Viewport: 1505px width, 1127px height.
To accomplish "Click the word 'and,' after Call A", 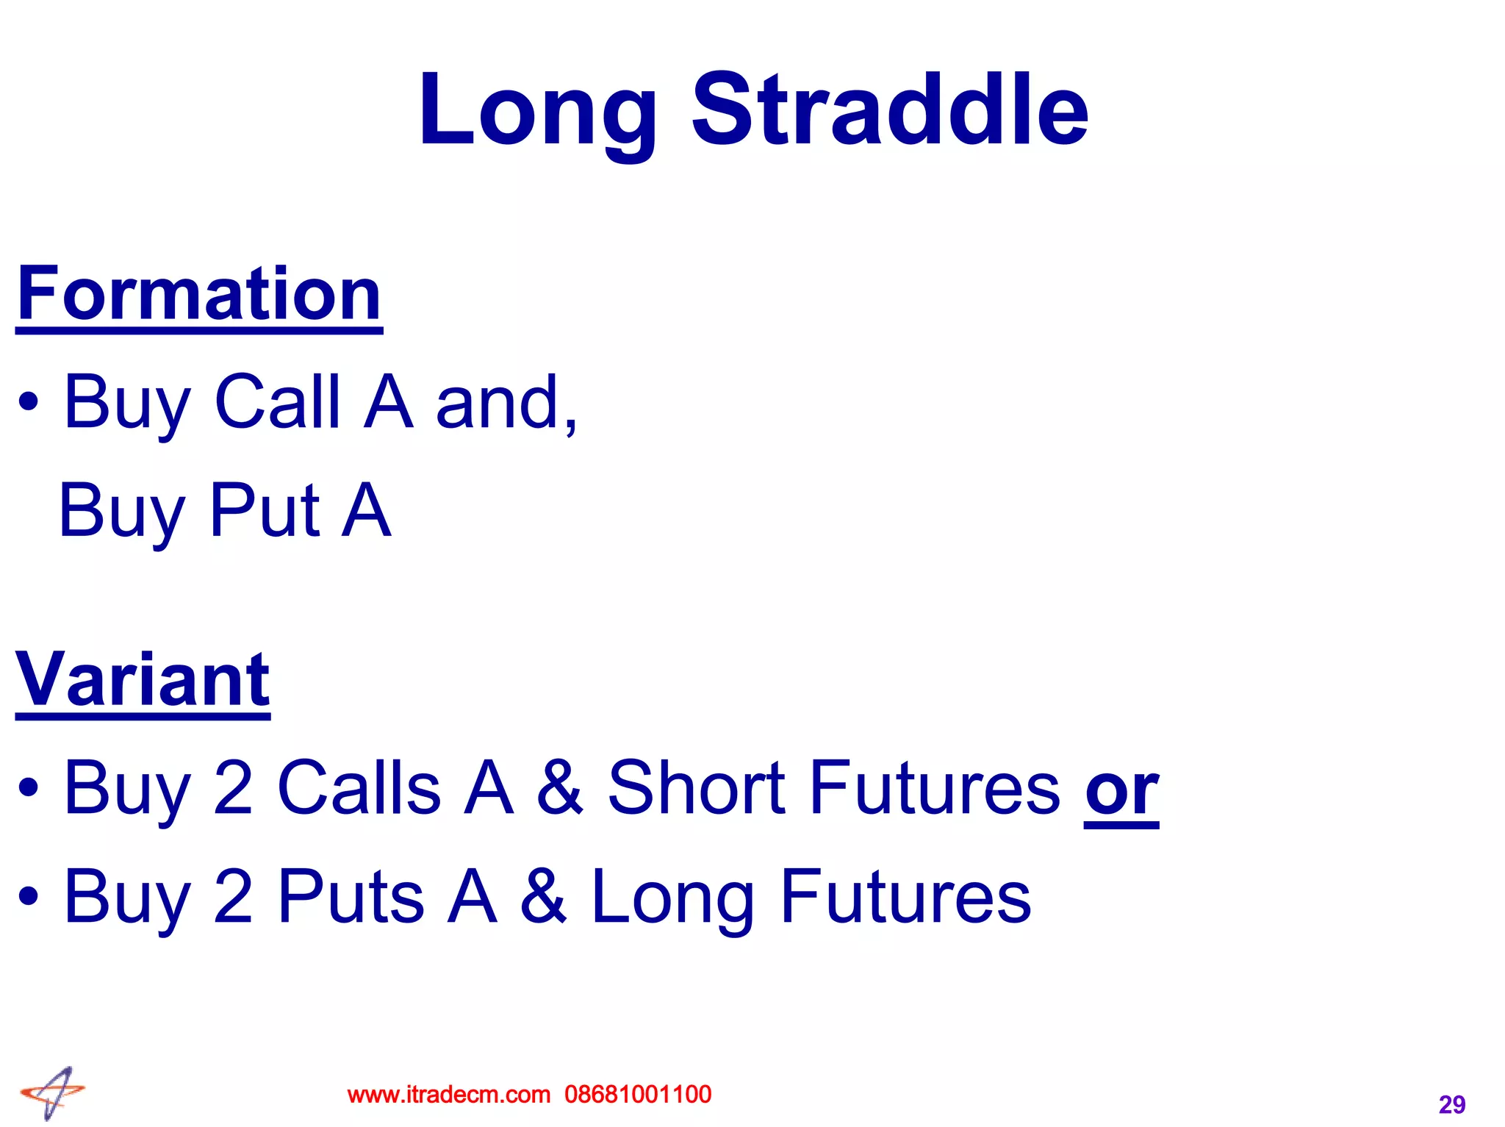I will point(506,403).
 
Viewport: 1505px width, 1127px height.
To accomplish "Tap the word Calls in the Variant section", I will point(359,788).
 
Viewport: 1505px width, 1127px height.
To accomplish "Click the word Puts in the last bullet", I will point(351,896).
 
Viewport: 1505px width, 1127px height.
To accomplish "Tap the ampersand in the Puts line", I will point(544,896).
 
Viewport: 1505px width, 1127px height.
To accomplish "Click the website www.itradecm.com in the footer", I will point(448,1095).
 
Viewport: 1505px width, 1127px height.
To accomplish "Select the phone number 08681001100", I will point(638,1095).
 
